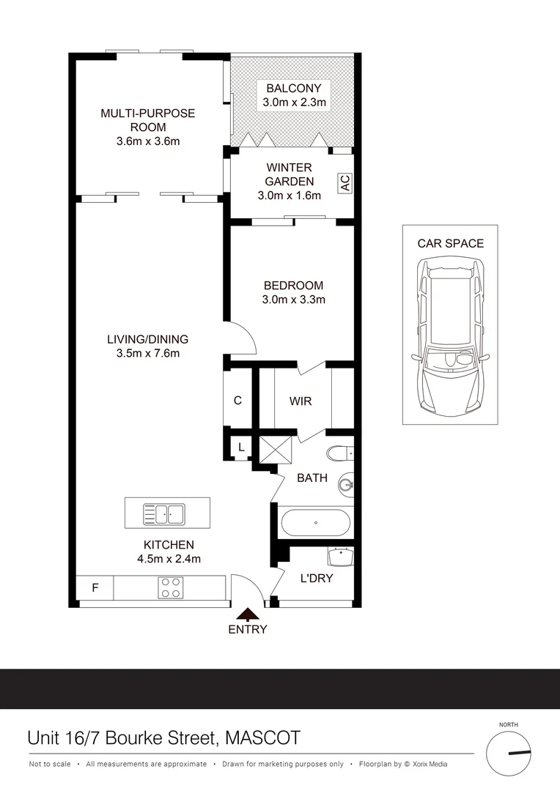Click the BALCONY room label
coord(293,89)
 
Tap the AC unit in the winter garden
coord(345,182)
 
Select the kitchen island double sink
coord(164,514)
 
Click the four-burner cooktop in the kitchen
coord(171,588)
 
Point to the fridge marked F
coord(95,587)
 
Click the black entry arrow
coord(248,614)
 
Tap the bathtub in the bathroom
coord(315,523)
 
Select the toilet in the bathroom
coord(340,453)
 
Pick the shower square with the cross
coord(276,450)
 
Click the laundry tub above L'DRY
coord(340,557)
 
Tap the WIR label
coord(301,401)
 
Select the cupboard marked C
coord(237,401)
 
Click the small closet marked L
coord(241,447)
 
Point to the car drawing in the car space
coord(451,338)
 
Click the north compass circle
coord(509,754)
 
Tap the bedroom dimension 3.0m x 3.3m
coord(293,300)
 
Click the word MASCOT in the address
coord(262,738)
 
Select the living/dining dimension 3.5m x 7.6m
coord(148,354)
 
